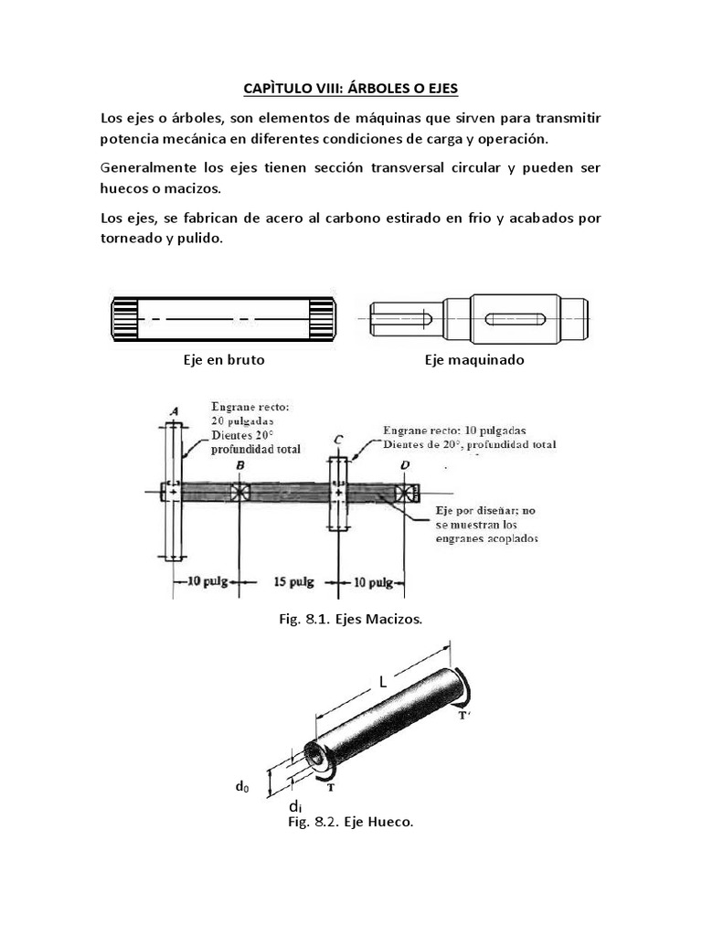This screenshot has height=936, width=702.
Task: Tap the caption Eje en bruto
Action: (x=224, y=360)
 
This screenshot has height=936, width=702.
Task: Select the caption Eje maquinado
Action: (x=474, y=360)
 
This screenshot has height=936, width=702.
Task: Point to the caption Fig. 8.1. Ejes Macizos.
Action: (x=350, y=620)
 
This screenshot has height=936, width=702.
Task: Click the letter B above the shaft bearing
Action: (x=239, y=467)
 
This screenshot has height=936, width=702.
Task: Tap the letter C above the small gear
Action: (x=338, y=440)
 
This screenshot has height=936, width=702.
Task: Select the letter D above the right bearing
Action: (x=404, y=467)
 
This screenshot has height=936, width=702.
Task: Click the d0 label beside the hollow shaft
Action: (x=242, y=785)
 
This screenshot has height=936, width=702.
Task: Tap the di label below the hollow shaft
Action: (x=295, y=806)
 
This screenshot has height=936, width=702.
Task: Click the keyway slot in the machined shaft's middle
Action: (x=516, y=319)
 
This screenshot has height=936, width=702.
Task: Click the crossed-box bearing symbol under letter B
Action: (x=239, y=491)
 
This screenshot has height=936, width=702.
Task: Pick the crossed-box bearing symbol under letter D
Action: (x=404, y=492)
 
